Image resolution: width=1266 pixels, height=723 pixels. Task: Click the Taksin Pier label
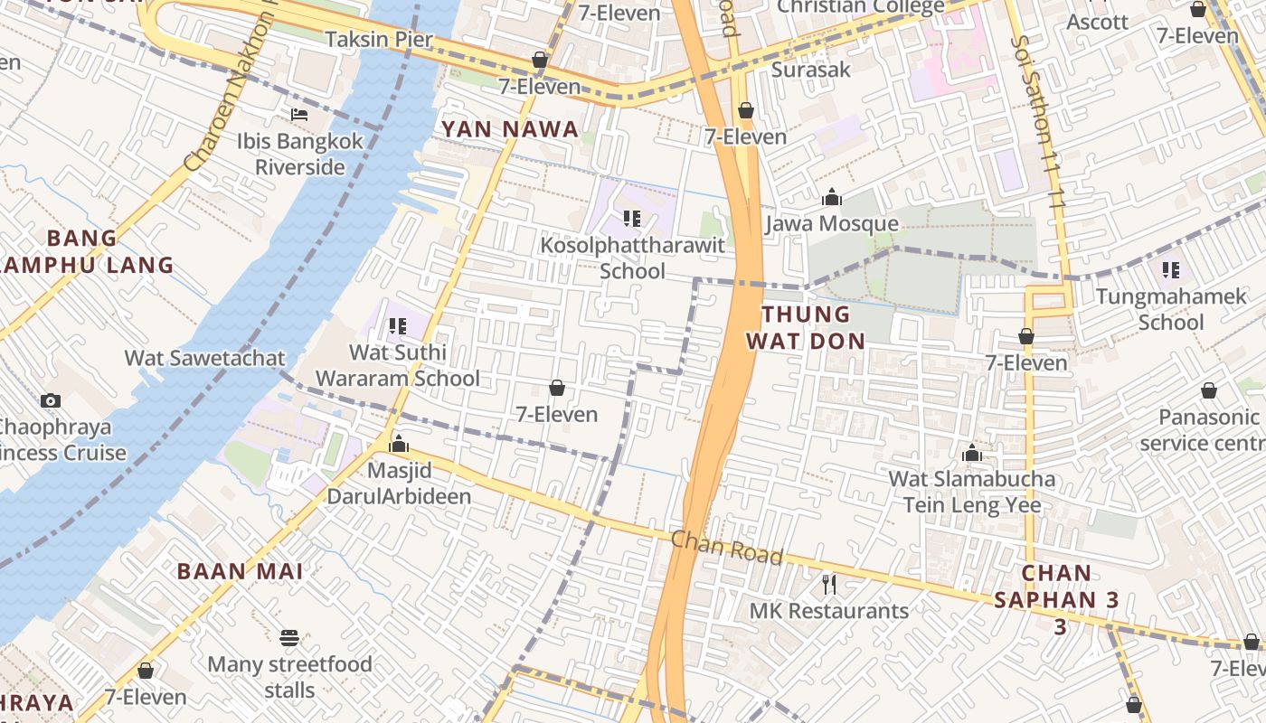click(x=379, y=40)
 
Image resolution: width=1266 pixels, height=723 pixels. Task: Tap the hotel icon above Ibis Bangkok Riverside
click(x=299, y=115)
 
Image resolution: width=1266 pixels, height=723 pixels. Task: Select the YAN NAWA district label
click(x=509, y=129)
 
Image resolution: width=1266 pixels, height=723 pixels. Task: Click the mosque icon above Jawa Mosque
click(x=831, y=197)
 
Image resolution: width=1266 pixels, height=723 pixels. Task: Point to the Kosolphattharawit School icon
click(x=632, y=218)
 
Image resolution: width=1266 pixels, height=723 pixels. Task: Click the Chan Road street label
click(x=726, y=548)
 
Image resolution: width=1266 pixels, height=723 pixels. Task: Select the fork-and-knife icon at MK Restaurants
click(x=828, y=585)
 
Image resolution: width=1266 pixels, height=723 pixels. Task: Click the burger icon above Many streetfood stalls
click(x=289, y=638)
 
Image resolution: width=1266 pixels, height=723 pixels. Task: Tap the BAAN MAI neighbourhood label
click(x=240, y=571)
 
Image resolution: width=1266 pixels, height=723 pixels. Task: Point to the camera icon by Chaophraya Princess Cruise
click(x=51, y=400)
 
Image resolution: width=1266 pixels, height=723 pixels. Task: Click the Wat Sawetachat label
click(x=204, y=358)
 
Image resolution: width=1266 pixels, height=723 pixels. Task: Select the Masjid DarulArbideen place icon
click(x=398, y=445)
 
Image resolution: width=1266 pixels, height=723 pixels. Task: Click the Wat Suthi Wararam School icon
click(x=397, y=325)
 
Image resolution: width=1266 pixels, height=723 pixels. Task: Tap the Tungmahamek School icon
click(x=1170, y=269)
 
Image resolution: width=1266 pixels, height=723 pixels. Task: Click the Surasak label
click(x=811, y=70)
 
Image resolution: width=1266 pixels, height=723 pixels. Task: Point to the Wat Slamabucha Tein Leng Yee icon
click(x=972, y=453)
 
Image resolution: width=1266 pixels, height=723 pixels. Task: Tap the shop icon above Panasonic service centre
click(x=1208, y=390)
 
